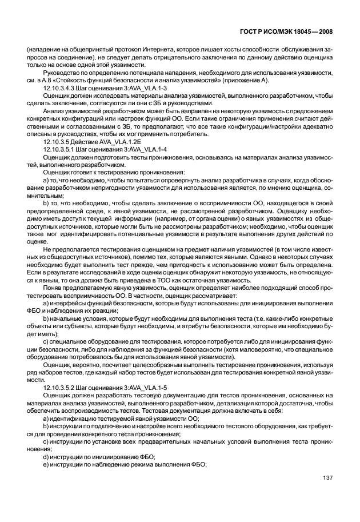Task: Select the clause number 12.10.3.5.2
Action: [61, 387]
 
